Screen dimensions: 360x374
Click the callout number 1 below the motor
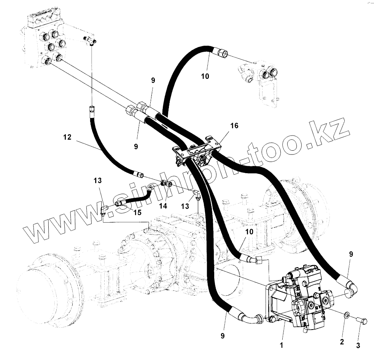(x=281, y=346)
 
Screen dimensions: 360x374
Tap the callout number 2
(x=342, y=342)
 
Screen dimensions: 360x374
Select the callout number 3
(x=357, y=345)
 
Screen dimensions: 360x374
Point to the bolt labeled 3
(x=362, y=322)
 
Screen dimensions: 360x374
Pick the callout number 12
(x=67, y=137)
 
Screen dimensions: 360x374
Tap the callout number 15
(x=137, y=212)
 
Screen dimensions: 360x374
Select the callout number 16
(x=234, y=126)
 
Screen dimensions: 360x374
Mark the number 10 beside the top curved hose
(x=205, y=76)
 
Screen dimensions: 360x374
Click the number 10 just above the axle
(x=249, y=231)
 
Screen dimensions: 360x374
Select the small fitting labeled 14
(x=166, y=183)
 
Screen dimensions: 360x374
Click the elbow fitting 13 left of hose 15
(x=103, y=209)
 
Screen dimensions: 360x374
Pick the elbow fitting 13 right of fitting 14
(x=197, y=194)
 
